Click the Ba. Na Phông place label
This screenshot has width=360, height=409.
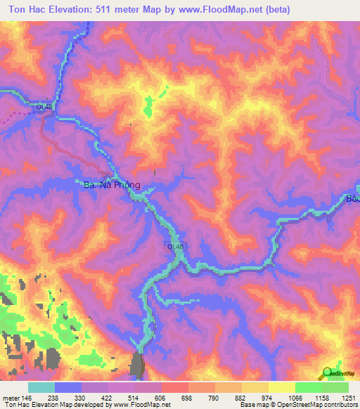108,186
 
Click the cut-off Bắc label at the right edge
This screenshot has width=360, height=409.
352,199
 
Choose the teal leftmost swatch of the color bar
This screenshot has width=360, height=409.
41,387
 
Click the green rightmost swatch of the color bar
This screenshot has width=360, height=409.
335,387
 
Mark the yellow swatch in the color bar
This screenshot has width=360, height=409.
281,387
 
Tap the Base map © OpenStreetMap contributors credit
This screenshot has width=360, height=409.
298,405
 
